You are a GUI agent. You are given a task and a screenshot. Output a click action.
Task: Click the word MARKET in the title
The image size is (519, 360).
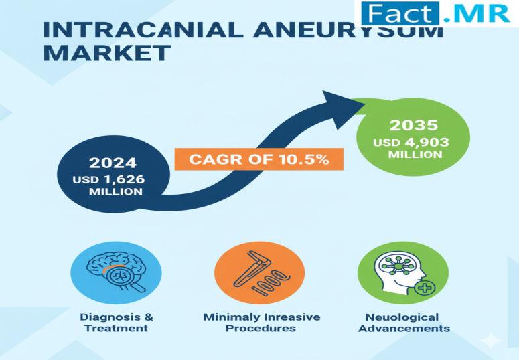pyautogui.click(x=107, y=53)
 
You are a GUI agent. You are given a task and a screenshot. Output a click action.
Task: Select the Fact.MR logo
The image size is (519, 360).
pyautogui.click(x=435, y=13)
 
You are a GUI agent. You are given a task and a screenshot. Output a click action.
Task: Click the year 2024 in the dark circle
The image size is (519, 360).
pyautogui.click(x=113, y=163)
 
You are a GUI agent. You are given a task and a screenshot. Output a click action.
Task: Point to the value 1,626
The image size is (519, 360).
pyautogui.click(x=125, y=179)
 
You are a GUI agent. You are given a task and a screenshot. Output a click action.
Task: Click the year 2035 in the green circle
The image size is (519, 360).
pyautogui.click(x=414, y=125)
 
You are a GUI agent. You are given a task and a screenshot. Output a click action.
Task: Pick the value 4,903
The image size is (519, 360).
pyautogui.click(x=427, y=143)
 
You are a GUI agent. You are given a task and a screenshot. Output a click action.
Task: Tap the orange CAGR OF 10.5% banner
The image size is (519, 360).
pyautogui.click(x=259, y=159)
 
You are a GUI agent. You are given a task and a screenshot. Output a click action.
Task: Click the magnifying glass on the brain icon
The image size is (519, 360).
pyautogui.click(x=124, y=278)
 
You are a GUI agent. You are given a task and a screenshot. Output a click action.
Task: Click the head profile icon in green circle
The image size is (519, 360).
pyautogui.click(x=401, y=273)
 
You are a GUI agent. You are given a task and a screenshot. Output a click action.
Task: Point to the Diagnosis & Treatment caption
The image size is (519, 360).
pyautogui.click(x=116, y=323)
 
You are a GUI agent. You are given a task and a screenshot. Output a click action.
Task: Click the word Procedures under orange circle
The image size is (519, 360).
pyautogui.click(x=261, y=329)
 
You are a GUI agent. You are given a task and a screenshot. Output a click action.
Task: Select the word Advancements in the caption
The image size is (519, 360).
pyautogui.click(x=404, y=329)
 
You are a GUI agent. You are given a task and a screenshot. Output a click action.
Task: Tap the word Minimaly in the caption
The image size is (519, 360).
pyautogui.click(x=231, y=317)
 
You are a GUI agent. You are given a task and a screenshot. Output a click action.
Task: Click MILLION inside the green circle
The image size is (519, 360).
pyautogui.click(x=415, y=155)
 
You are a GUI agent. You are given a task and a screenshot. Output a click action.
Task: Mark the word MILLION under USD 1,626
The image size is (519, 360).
pyautogui.click(x=116, y=191)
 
